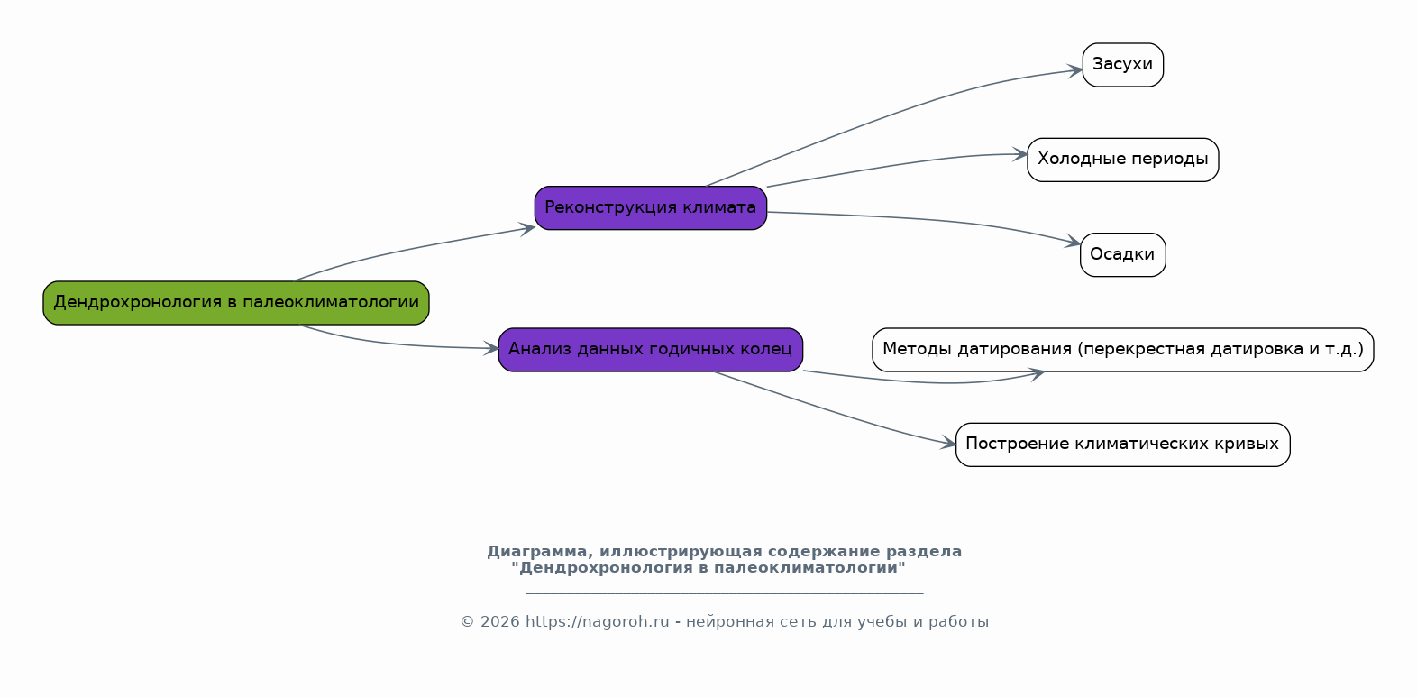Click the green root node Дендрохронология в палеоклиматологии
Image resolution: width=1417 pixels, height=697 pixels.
(236, 303)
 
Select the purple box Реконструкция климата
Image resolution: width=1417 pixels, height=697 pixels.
(650, 207)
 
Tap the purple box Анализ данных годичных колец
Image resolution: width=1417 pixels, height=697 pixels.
(650, 350)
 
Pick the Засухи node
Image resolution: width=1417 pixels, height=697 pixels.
(1123, 65)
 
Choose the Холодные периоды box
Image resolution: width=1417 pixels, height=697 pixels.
(1123, 160)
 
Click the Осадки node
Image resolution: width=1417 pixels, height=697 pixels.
(1123, 254)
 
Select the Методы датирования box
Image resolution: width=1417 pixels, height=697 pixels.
(1123, 350)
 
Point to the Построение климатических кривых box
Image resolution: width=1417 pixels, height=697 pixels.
(1123, 445)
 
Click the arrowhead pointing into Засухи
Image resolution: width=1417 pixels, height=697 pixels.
(1074, 70)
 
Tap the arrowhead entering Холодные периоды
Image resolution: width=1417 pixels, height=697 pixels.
(1019, 154)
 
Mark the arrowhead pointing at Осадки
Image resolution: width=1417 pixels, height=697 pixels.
(1073, 242)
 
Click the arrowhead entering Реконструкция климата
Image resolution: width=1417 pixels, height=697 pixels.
(527, 228)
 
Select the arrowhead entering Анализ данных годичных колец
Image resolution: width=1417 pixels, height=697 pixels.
(491, 348)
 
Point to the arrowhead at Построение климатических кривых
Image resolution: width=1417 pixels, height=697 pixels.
(948, 443)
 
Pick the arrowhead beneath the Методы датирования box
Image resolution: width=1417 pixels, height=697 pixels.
(1037, 374)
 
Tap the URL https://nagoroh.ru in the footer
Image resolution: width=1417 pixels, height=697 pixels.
(597, 621)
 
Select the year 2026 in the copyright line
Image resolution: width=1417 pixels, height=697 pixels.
(499, 621)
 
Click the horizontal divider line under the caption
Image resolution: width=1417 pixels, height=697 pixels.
(725, 593)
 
